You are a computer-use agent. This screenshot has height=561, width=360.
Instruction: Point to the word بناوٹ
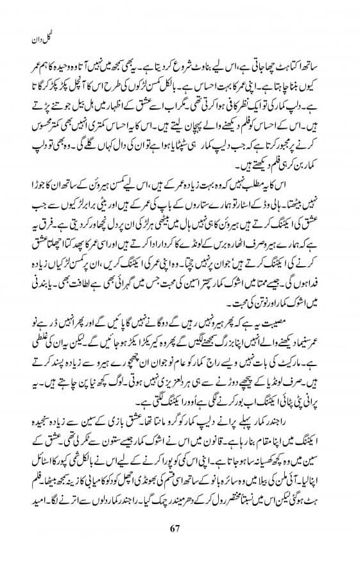click(x=193, y=76)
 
